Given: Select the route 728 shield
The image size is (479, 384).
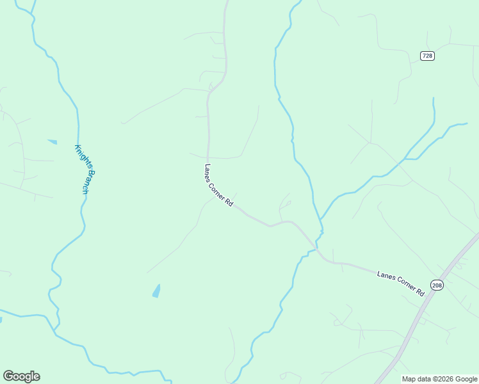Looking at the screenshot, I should [x=427, y=56].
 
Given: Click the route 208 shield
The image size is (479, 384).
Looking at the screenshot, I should [x=437, y=285].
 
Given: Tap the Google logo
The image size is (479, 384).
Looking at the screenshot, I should [x=21, y=376].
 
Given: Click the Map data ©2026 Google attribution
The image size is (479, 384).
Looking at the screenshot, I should [x=439, y=379].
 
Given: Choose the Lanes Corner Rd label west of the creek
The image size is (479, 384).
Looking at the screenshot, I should [x=218, y=185].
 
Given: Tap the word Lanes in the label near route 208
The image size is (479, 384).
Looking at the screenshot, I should [x=384, y=276].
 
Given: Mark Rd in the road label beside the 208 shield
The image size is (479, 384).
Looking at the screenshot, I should [x=420, y=291].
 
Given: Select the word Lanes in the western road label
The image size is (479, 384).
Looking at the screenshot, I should [x=207, y=172].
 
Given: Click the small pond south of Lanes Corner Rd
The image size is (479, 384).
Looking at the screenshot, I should [x=156, y=291].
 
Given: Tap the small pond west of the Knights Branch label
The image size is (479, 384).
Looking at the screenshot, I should [x=52, y=141].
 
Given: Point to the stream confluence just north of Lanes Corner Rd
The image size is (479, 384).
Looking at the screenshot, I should [x=321, y=221].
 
